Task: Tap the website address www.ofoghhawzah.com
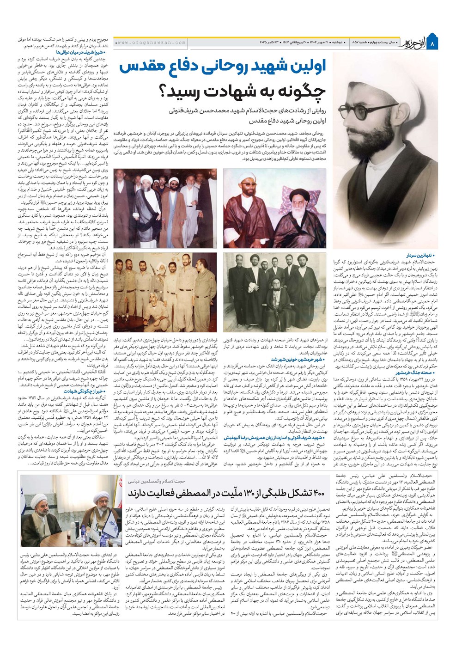click(151, 43)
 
